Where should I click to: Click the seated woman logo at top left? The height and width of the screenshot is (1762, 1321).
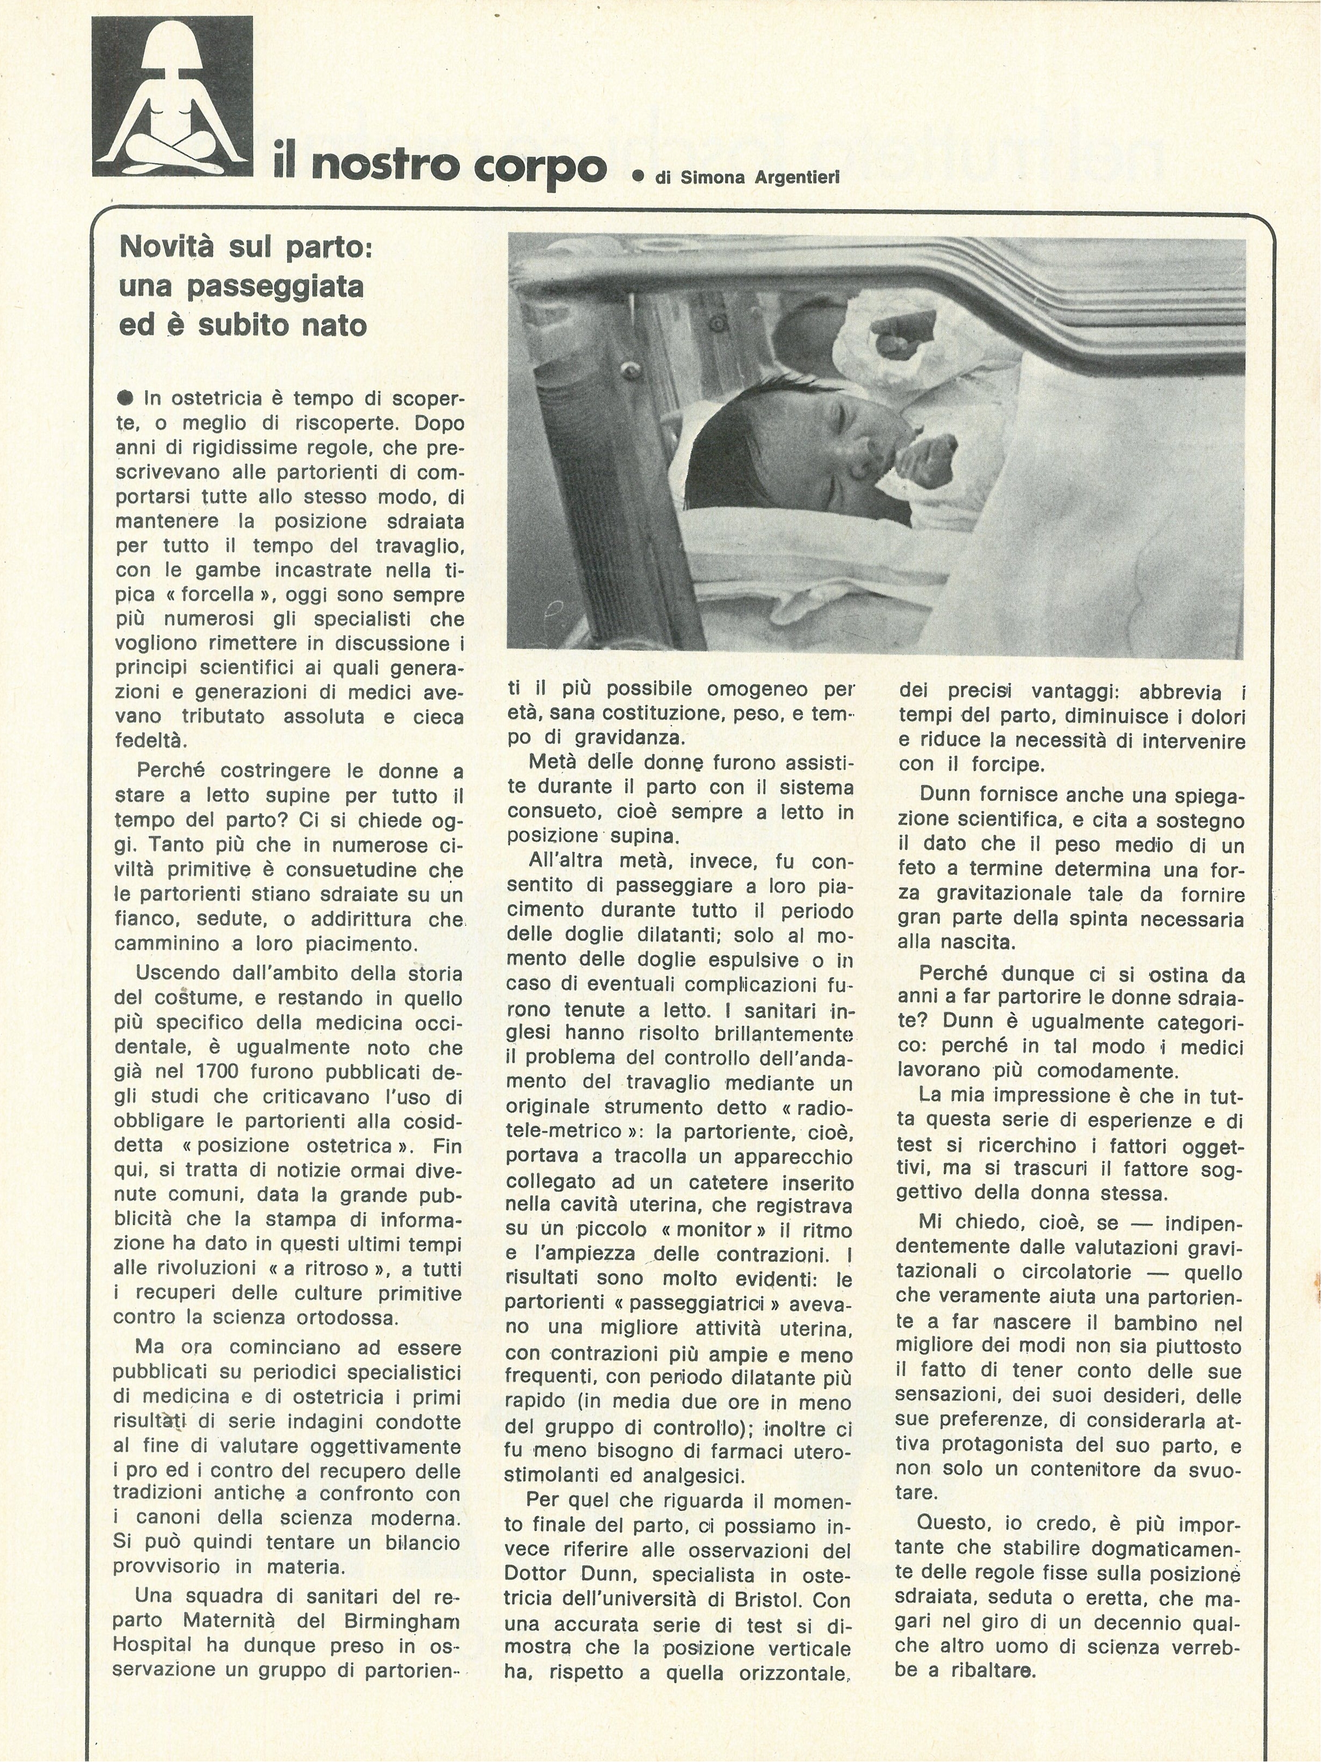click(172, 97)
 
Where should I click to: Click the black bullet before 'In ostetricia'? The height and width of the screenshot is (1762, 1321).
click(125, 398)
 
